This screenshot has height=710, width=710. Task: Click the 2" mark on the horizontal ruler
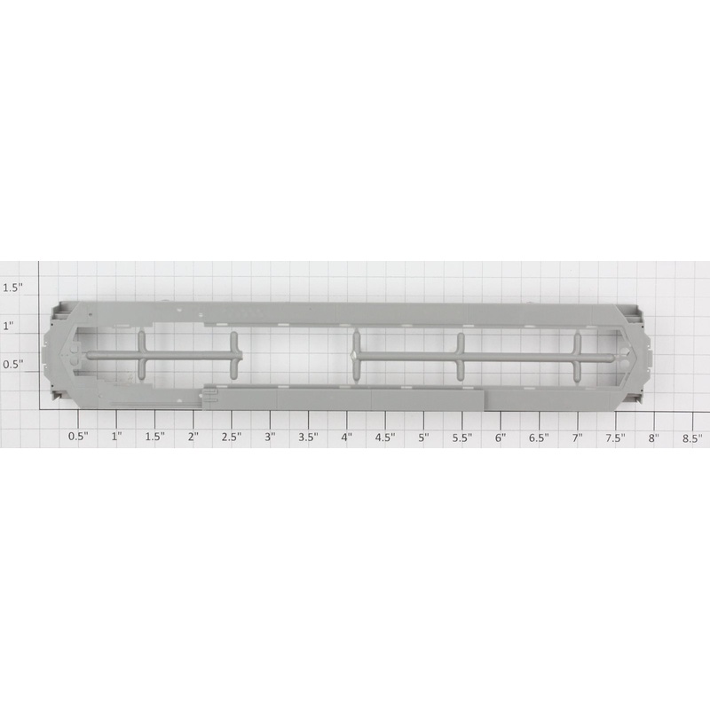click(193, 437)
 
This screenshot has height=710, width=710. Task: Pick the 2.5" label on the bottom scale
click(232, 437)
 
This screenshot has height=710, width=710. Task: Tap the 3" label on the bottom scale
click(270, 437)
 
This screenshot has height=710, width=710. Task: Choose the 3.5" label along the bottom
click(308, 437)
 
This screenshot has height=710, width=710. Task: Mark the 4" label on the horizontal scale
click(347, 437)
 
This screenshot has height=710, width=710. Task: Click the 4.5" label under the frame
click(385, 437)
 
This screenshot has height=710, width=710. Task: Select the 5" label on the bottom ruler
click(423, 437)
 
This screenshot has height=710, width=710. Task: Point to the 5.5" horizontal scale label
click(461, 437)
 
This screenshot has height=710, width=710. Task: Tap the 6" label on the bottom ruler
click(501, 437)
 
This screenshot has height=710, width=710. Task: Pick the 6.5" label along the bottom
click(539, 437)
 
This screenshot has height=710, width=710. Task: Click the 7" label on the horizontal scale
click(577, 437)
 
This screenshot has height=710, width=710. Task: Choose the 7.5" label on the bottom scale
click(615, 437)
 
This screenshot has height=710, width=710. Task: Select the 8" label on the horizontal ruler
click(654, 437)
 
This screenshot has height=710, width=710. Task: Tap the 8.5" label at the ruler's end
click(692, 437)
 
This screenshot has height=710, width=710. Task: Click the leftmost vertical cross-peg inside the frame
click(140, 355)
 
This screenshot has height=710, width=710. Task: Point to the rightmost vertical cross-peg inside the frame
click(578, 357)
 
